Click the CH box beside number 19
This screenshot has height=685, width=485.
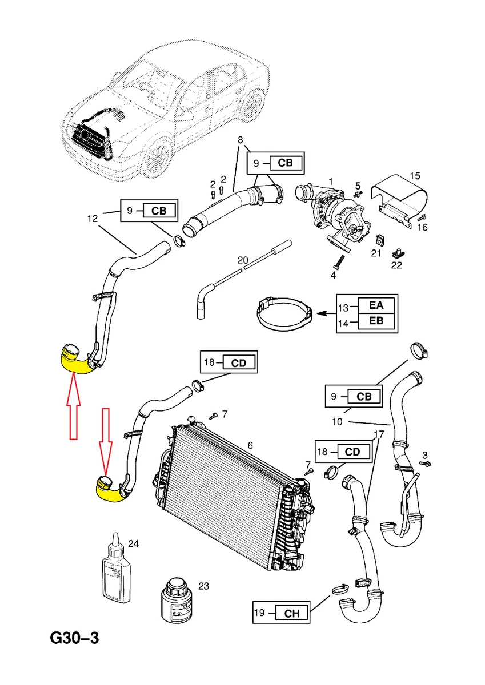tap(291, 614)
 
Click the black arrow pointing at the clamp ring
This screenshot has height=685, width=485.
tap(326, 313)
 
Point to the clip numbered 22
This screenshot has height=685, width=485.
tap(397, 251)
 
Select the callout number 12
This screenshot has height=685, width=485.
tap(93, 217)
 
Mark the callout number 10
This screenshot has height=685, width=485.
tap(337, 422)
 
